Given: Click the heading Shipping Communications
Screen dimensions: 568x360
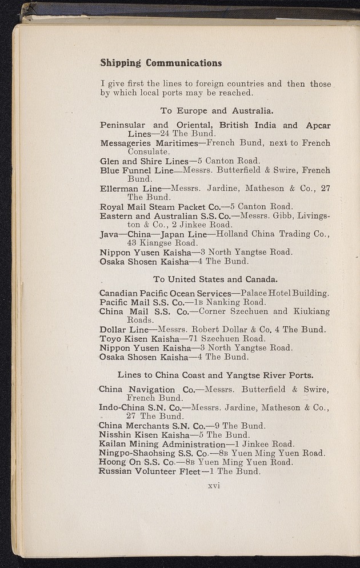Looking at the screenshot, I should click(161, 63).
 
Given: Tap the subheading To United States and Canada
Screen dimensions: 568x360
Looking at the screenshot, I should click(215, 279).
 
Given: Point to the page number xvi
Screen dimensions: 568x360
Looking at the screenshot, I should click(214, 486).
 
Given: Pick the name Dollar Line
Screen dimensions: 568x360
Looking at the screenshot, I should click(123, 329).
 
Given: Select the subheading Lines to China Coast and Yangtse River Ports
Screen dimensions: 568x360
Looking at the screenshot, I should click(215, 375).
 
